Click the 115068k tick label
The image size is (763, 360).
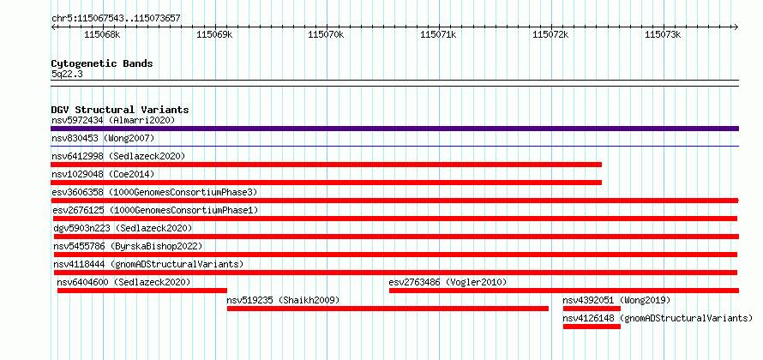(x=102, y=34)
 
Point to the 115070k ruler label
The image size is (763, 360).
(x=326, y=34)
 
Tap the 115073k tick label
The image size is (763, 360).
(x=663, y=34)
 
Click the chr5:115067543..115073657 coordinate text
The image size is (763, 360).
(x=116, y=19)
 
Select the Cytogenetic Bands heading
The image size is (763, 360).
(x=102, y=63)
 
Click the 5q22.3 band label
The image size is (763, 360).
(x=68, y=74)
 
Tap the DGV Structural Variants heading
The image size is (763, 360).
(x=120, y=110)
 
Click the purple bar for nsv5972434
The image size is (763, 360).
(x=394, y=129)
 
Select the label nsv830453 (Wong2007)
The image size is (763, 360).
(x=103, y=139)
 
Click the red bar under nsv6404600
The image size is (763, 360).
(x=142, y=291)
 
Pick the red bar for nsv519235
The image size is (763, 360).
(x=388, y=309)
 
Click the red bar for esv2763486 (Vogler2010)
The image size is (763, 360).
(x=564, y=291)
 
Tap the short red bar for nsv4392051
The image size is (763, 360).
(x=592, y=309)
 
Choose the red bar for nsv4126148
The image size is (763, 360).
(x=592, y=327)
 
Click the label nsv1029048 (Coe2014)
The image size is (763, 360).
(x=103, y=174)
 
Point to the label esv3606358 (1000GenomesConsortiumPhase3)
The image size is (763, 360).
(x=154, y=192)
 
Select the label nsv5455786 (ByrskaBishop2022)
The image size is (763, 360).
(x=128, y=246)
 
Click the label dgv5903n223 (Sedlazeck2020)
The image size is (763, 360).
(x=123, y=228)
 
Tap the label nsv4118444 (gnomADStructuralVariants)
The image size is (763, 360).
(x=148, y=264)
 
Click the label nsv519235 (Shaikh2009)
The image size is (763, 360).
(x=283, y=300)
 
